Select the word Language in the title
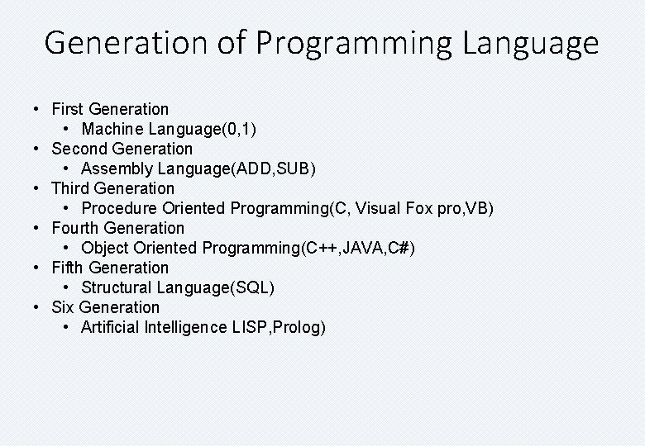tap(530, 43)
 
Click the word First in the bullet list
tap(68, 109)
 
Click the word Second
tap(79, 149)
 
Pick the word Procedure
tap(119, 208)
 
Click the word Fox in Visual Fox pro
tap(419, 208)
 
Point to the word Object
tap(105, 248)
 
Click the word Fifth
tap(68, 268)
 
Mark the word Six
tap(63, 307)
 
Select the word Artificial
tap(110, 327)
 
